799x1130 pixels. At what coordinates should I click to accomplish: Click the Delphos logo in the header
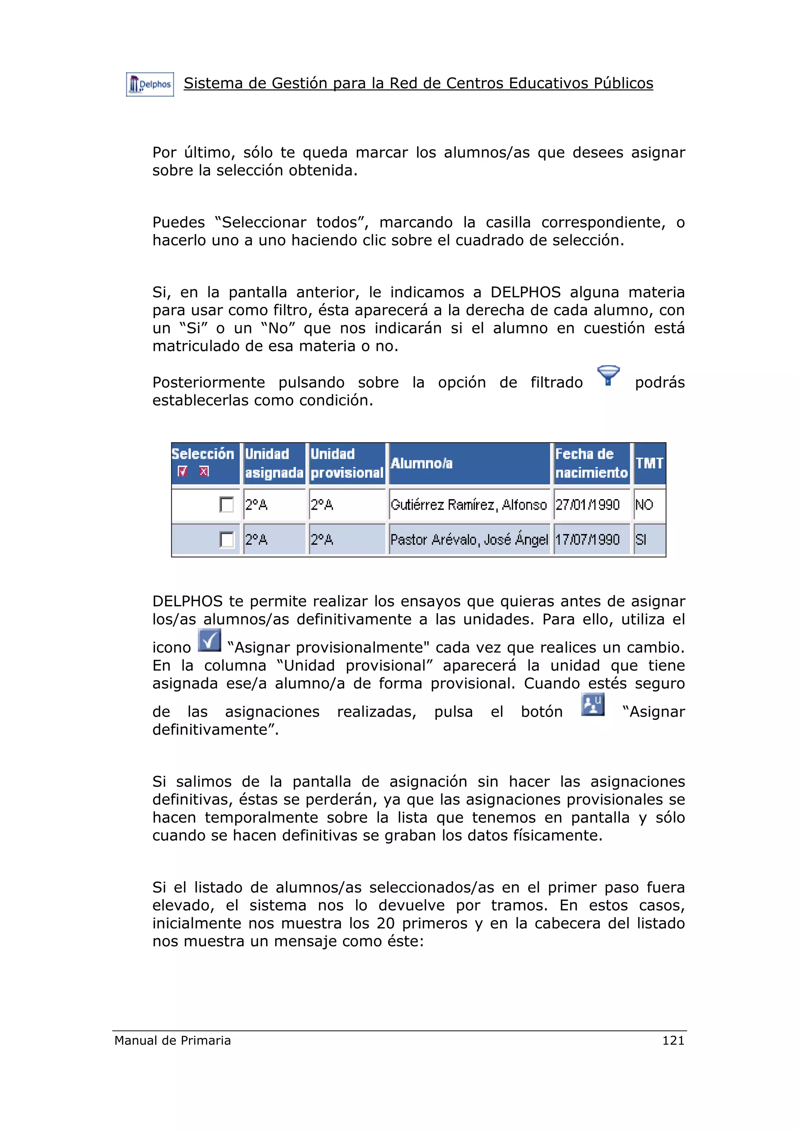pos(150,84)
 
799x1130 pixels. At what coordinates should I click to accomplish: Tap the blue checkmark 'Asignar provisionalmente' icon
pos(209,640)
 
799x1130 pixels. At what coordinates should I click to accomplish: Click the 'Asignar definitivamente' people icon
pos(593,704)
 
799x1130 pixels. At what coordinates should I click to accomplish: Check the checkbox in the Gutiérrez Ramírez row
pos(226,505)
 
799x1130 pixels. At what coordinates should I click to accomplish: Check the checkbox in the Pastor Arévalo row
pos(226,539)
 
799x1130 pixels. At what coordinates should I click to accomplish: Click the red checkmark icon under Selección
pos(183,471)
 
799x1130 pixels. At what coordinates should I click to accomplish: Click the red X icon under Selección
pos(204,471)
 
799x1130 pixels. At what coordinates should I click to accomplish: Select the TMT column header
pos(649,463)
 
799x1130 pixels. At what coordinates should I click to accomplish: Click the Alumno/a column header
pos(421,463)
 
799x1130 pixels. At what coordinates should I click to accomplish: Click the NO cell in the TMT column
pos(644,505)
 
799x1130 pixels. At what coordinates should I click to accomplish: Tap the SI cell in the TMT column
pos(641,539)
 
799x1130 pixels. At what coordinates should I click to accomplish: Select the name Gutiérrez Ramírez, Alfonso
pos(468,505)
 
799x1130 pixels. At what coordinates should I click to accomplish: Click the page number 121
pos(673,1040)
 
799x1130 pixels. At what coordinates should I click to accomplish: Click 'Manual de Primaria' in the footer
pos(172,1040)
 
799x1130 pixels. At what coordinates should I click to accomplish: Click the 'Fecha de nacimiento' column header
pos(591,463)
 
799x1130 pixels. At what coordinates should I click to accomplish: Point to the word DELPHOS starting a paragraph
pos(187,601)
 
